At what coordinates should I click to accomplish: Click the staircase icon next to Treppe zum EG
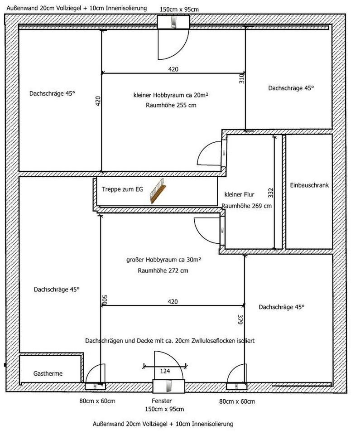click(158, 191)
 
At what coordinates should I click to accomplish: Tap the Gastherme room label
click(48, 373)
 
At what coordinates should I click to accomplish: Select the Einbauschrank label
click(309, 185)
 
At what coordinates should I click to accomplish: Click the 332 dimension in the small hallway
click(271, 193)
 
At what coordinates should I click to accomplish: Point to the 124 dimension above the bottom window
click(165, 371)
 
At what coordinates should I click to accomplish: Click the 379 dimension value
click(240, 319)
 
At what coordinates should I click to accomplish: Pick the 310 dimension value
click(242, 78)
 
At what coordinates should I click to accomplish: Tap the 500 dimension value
click(105, 300)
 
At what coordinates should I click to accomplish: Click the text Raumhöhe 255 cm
click(171, 105)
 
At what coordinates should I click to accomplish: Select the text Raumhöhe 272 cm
click(163, 271)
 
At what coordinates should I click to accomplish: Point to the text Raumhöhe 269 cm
click(246, 206)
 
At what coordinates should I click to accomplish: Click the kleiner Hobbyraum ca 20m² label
click(171, 95)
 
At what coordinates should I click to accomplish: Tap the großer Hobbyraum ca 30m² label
click(163, 260)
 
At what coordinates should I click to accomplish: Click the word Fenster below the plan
click(162, 401)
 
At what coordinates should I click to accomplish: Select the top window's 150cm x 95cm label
click(179, 10)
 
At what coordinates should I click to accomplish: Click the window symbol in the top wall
click(173, 22)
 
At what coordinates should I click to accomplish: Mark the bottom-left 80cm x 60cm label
click(97, 401)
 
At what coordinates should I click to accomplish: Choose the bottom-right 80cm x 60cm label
click(237, 401)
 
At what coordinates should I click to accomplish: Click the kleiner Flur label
click(240, 194)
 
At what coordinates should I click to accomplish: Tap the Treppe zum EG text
click(122, 189)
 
